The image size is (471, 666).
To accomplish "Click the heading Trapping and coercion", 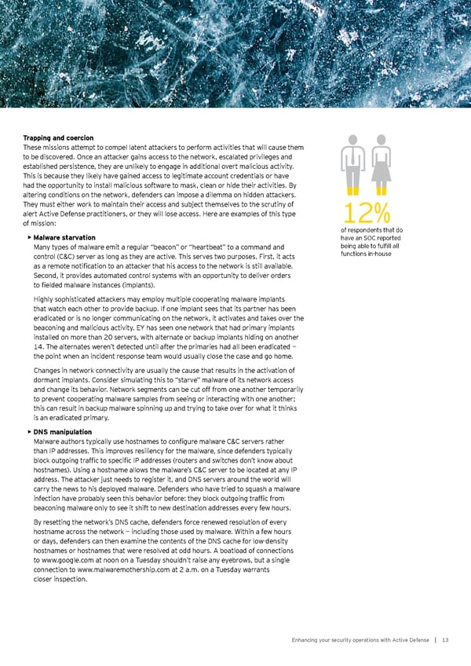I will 60,139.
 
